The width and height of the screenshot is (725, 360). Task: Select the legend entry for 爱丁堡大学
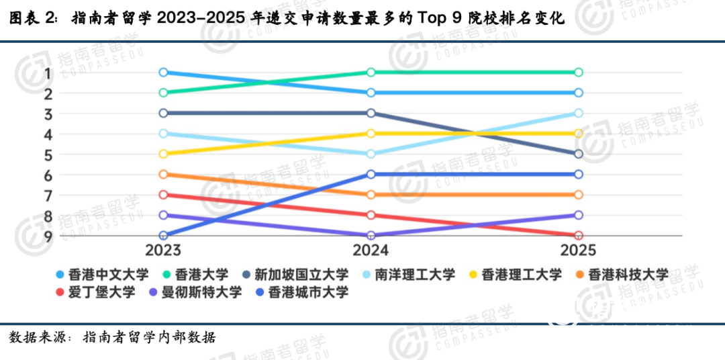point(99,293)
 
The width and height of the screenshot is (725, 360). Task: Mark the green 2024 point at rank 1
point(371,73)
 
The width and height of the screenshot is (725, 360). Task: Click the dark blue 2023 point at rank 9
point(163,236)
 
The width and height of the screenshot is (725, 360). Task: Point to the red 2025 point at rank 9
point(578,236)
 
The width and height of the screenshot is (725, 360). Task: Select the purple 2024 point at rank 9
point(371,236)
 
